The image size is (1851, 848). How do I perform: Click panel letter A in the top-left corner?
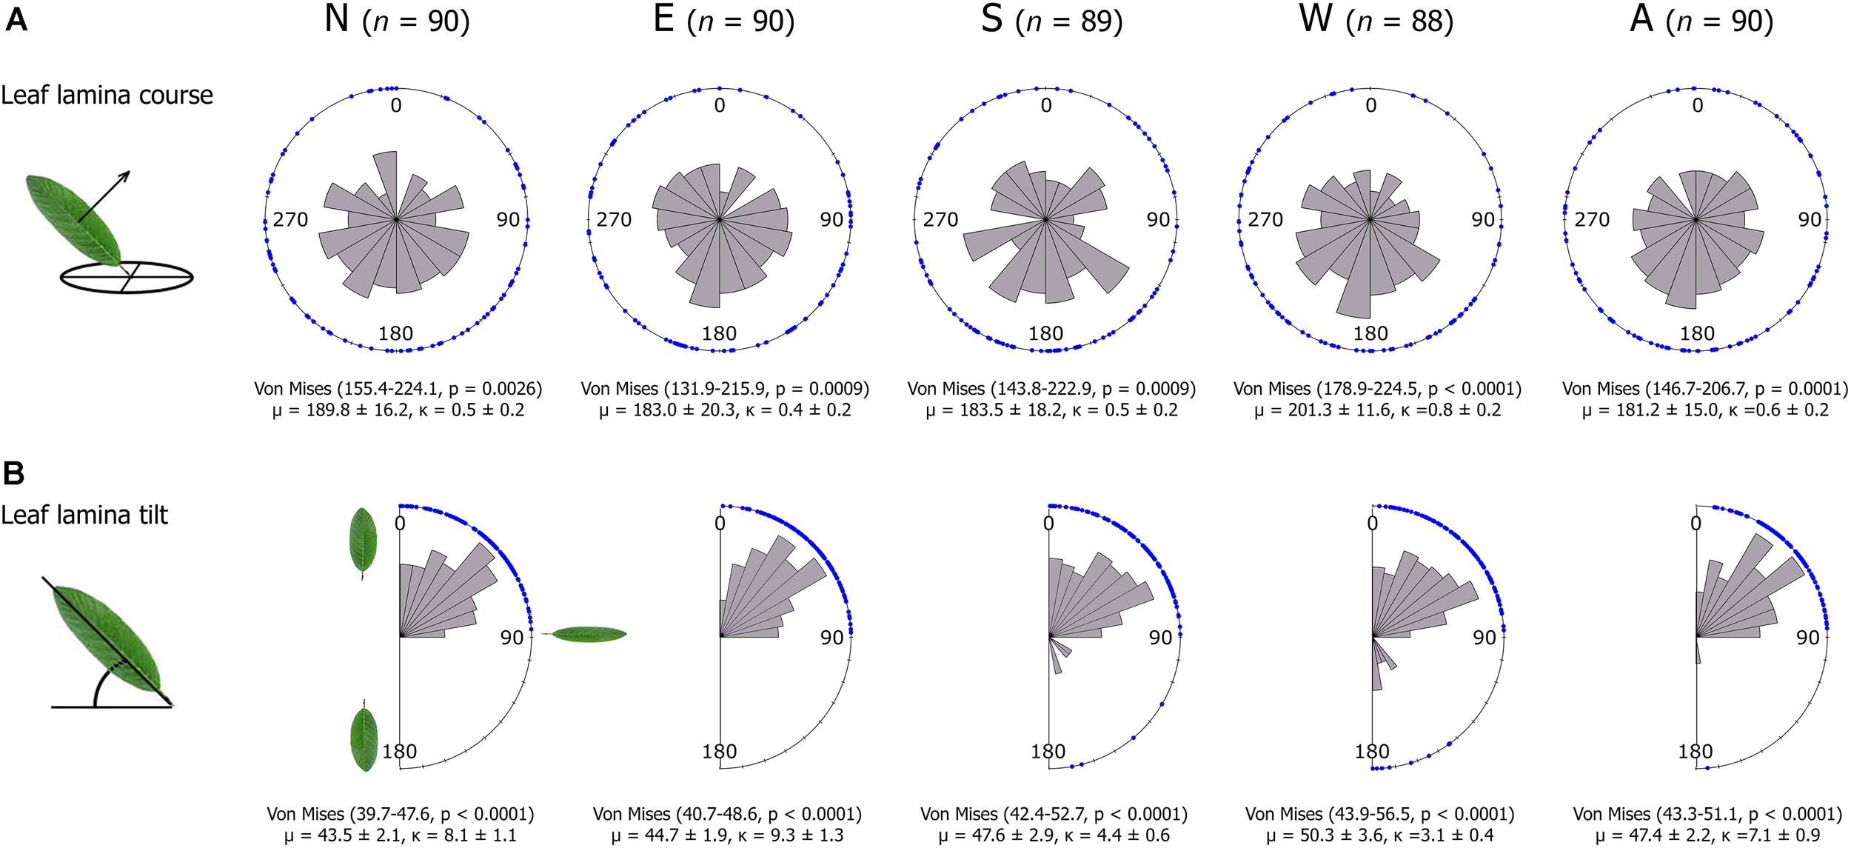(16, 20)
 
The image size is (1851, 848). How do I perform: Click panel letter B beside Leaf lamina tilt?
(13, 473)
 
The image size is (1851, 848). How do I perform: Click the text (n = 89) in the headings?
(1069, 21)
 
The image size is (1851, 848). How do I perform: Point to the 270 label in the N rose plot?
(290, 220)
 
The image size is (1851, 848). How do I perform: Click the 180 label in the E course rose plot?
(719, 334)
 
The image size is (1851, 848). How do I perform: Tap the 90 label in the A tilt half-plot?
(1807, 638)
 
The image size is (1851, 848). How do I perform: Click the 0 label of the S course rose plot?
(1045, 106)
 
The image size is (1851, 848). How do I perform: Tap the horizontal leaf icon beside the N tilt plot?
(589, 634)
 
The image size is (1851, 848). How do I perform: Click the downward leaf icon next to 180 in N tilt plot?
(364, 738)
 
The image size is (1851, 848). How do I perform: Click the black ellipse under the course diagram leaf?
(126, 278)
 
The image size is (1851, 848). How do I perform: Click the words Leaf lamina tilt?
(84, 515)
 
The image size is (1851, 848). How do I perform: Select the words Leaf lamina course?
(107, 96)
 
